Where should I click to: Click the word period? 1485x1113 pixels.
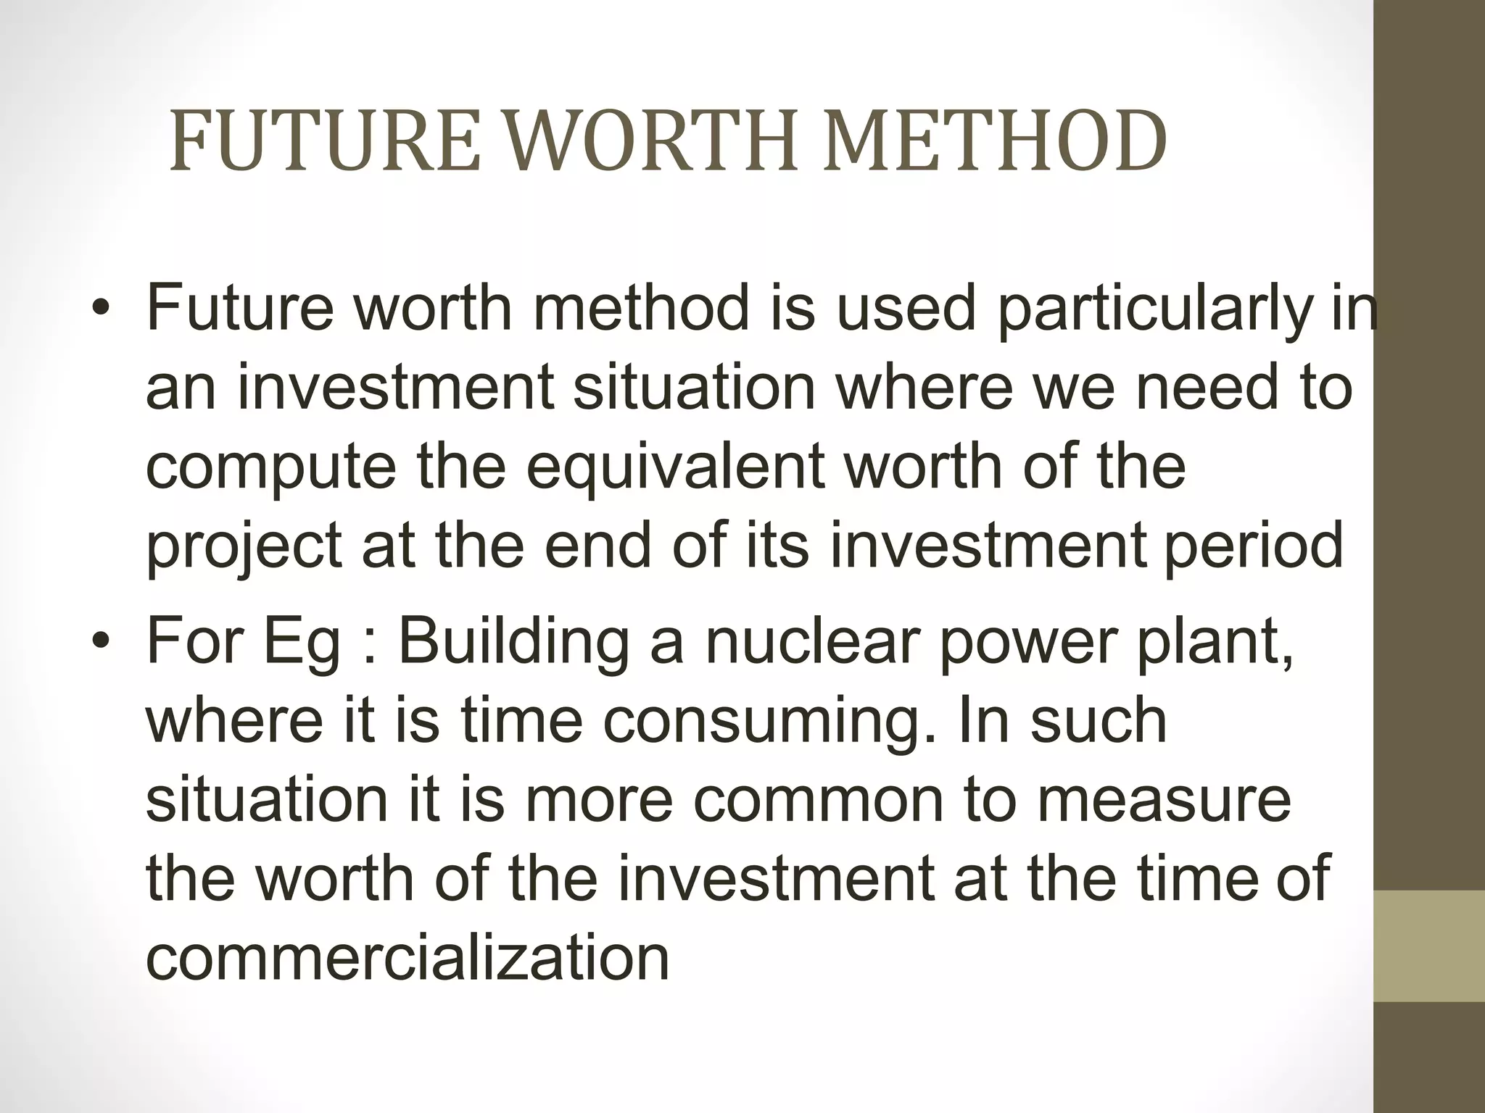(x=1254, y=547)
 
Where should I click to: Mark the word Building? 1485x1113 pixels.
(x=513, y=643)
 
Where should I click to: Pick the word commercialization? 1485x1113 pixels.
(x=408, y=958)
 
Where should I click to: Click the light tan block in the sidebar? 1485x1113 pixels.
(x=1429, y=946)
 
